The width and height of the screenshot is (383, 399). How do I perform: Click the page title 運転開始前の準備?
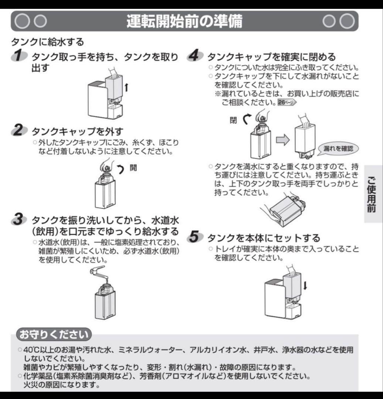pos(184,22)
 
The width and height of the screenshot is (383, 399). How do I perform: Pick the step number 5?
pos(195,237)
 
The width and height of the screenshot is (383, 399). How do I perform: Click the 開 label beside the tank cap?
pos(133,167)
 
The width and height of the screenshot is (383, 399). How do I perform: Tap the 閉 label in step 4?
pos(233,120)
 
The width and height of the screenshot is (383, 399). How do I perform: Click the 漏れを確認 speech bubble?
pos(338,149)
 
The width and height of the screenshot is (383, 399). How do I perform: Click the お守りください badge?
pos(54,335)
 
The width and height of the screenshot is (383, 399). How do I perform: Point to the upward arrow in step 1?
pos(126,87)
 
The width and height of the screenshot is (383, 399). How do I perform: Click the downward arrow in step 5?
pos(305,285)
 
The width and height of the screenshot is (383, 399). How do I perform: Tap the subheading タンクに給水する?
pos(48,41)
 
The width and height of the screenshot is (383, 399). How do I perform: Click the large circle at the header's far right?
pos(347,21)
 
